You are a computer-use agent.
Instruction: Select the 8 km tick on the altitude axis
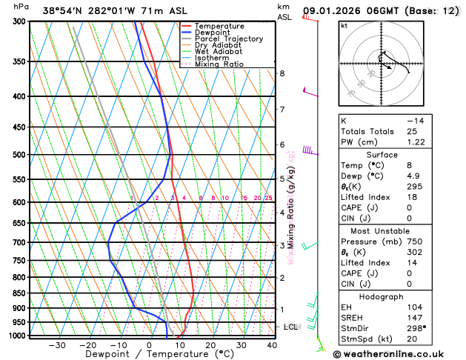tap(282, 73)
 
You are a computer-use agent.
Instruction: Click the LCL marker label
tap(292, 327)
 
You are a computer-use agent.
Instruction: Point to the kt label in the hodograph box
tap(344, 25)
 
